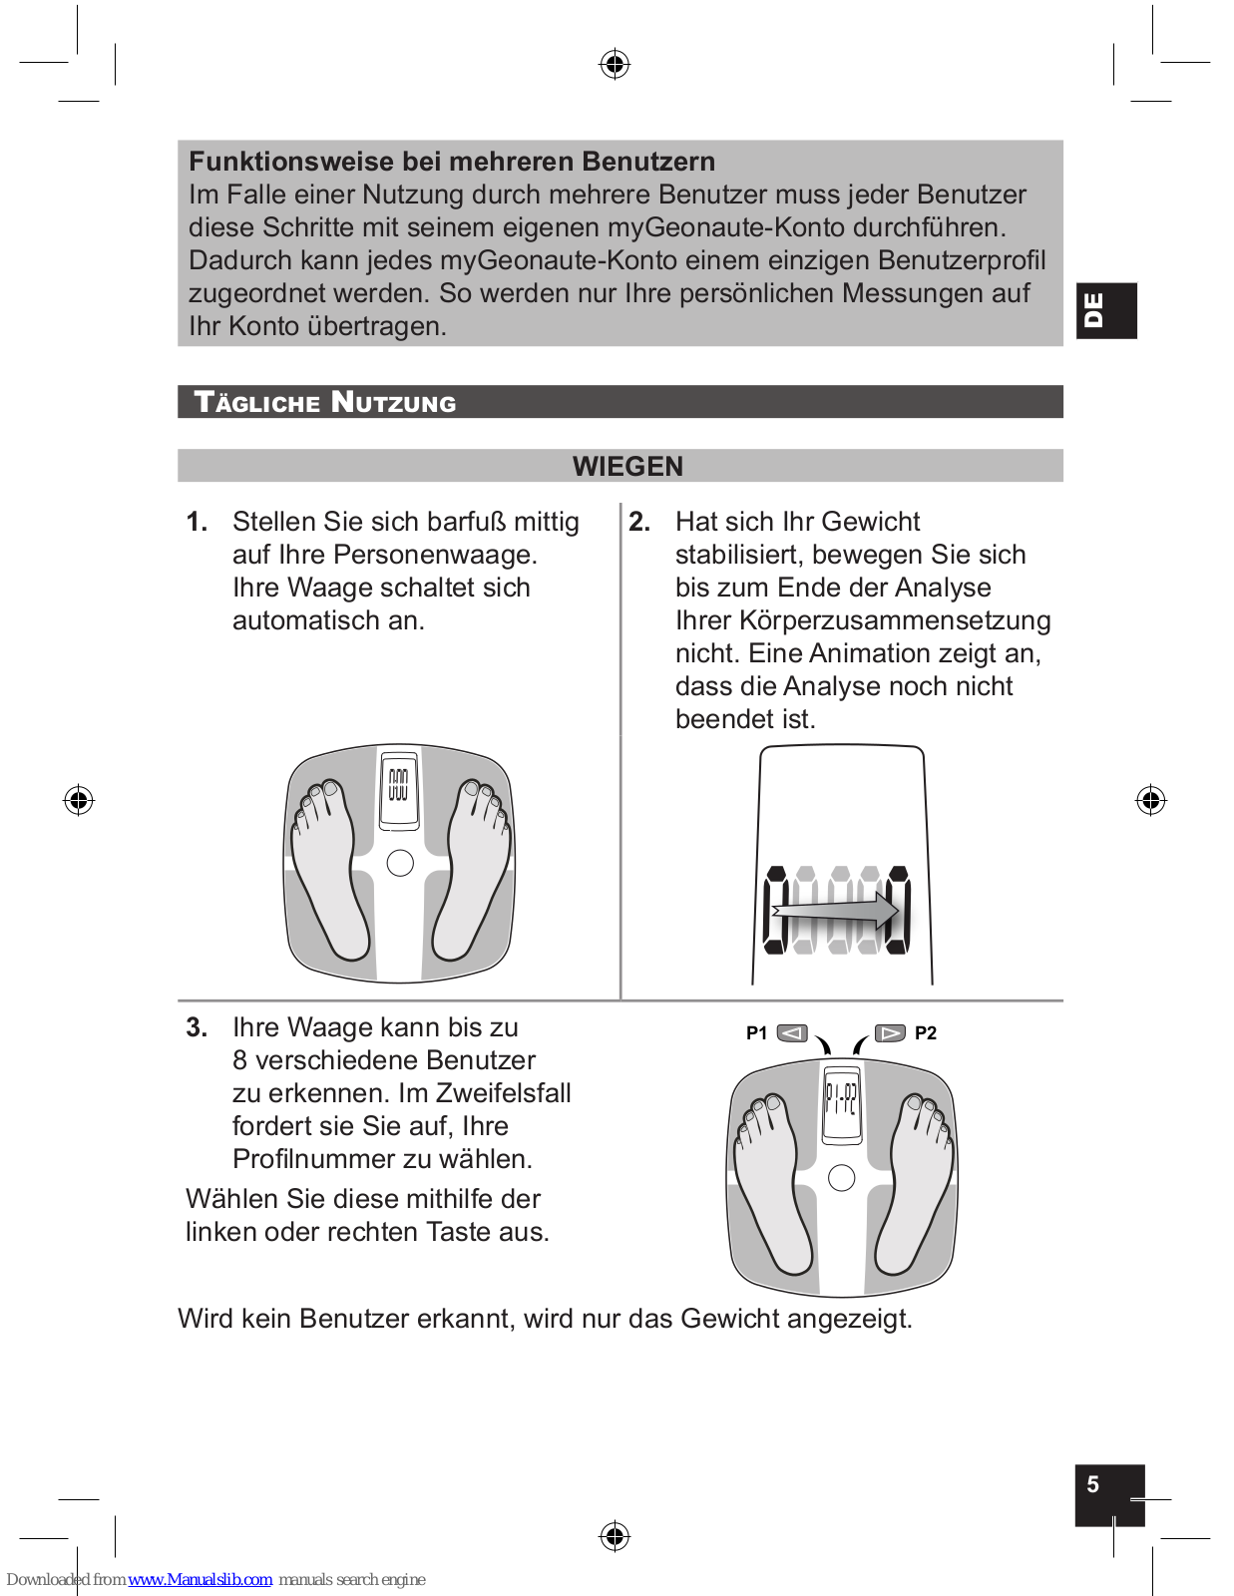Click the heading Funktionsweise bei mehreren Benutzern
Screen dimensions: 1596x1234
[452, 162]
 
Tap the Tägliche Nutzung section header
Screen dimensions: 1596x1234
[325, 402]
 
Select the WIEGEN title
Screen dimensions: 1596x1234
[627, 466]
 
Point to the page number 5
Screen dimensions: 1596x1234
[1093, 1484]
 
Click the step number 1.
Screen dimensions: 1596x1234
[197, 522]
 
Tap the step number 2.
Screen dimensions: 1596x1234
[639, 522]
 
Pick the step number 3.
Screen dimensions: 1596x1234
[197, 1027]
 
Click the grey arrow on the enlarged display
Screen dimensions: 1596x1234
[836, 910]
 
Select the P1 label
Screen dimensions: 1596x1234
[756, 1033]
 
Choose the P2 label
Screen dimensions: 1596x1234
[926, 1033]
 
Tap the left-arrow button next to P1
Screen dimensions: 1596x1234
[792, 1033]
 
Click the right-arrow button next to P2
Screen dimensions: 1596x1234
[890, 1033]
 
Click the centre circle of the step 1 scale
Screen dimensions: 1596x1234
[400, 863]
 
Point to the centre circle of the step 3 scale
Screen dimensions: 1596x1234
[842, 1178]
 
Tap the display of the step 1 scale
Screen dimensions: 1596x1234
[399, 788]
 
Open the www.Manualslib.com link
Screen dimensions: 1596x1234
[201, 1579]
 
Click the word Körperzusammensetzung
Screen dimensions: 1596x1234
[895, 620]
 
